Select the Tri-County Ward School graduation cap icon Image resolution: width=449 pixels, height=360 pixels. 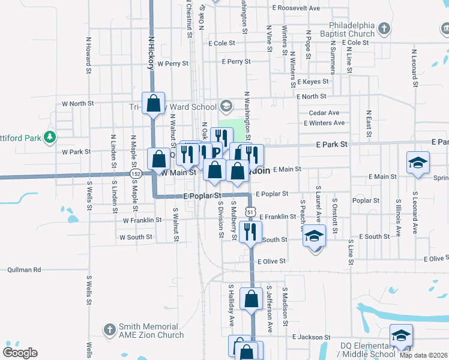click(x=226, y=107)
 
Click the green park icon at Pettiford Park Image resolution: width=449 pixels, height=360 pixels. click(x=50, y=137)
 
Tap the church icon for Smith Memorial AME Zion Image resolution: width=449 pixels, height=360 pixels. click(x=109, y=329)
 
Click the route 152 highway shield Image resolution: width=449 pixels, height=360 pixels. click(x=136, y=173)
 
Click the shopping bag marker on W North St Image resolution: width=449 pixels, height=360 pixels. click(x=154, y=103)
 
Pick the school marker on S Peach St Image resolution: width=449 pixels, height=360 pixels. click(x=313, y=236)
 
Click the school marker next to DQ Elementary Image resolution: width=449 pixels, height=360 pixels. click(x=401, y=335)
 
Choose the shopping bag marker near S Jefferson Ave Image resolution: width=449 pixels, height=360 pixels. click(x=251, y=298)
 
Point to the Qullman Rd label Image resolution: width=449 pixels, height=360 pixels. click(x=24, y=270)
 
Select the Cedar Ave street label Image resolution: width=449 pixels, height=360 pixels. click(x=324, y=113)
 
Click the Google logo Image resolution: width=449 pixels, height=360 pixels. click(x=20, y=353)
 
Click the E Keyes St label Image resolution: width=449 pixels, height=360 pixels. click(x=313, y=82)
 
